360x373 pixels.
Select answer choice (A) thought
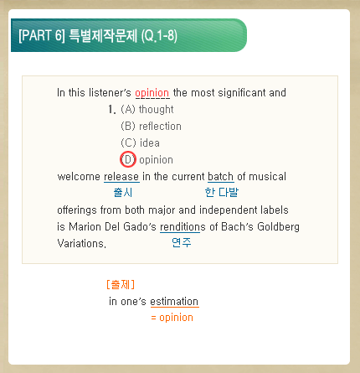[x=147, y=109]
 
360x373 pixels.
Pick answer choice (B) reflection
[x=151, y=126]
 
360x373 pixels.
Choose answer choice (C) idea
[x=140, y=142]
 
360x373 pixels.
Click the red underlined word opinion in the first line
[x=152, y=93]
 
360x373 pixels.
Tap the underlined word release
[x=121, y=177]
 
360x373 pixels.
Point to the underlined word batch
[x=221, y=177]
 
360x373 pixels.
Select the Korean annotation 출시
[x=123, y=193]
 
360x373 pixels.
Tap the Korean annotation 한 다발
[x=222, y=192]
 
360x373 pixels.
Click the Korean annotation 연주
[x=182, y=242]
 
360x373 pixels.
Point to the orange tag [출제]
[x=121, y=284]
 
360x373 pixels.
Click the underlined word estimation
[x=174, y=302]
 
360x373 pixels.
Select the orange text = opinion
[x=172, y=318]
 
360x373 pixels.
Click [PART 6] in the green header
[x=42, y=35]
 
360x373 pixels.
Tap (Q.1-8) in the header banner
[x=159, y=36]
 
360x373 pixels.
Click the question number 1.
[x=112, y=109]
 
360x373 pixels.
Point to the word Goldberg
[x=278, y=226]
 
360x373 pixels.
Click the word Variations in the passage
[x=81, y=243]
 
